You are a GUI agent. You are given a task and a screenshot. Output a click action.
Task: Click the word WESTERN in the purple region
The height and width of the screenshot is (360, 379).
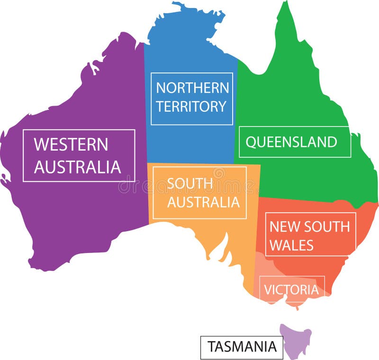(x=71, y=144)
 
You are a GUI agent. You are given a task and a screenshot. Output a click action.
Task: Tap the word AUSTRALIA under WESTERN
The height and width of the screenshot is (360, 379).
(x=78, y=167)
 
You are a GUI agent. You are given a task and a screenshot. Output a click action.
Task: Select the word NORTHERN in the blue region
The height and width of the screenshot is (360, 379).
(x=192, y=88)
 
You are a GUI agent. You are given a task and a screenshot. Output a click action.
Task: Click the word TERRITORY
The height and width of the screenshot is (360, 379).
(x=191, y=107)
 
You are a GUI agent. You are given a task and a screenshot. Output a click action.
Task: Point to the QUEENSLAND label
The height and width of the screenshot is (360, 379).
(x=291, y=142)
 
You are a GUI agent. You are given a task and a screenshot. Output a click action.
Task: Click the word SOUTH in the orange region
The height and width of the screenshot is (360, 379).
(x=183, y=183)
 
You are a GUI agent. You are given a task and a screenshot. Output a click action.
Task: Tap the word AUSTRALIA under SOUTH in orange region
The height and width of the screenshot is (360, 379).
(x=203, y=202)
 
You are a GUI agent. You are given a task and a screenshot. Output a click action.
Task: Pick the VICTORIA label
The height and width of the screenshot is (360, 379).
(x=291, y=289)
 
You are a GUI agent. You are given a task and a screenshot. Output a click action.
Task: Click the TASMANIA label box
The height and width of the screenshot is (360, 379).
(x=242, y=347)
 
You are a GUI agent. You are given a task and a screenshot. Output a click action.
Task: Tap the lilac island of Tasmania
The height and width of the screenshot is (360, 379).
(x=296, y=339)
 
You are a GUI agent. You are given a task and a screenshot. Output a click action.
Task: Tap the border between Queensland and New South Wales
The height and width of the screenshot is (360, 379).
(x=308, y=200)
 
